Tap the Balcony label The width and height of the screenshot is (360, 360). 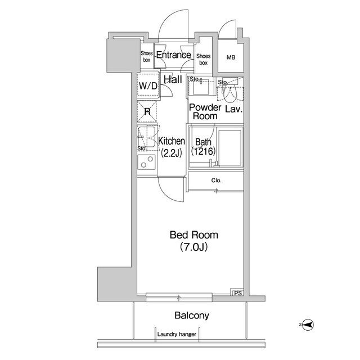[x=192, y=316]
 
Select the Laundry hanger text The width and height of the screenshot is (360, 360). [x=177, y=334]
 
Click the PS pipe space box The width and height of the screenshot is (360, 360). [x=238, y=292]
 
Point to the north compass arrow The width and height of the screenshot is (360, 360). [x=308, y=325]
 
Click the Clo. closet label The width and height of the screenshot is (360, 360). [x=216, y=181]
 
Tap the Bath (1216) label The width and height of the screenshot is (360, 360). [x=203, y=147]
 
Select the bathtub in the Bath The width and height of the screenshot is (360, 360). [x=230, y=147]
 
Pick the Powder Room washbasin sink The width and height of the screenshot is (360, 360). [x=201, y=87]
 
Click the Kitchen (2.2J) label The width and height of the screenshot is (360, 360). [x=172, y=147]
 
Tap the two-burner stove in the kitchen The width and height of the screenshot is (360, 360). [x=146, y=161]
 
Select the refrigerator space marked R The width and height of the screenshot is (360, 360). [x=147, y=111]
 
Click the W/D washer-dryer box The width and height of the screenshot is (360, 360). [x=148, y=85]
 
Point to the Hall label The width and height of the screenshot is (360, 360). [x=173, y=79]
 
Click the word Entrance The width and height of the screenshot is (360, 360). [x=174, y=55]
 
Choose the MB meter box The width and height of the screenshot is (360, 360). [x=231, y=57]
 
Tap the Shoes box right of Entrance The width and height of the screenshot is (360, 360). [x=203, y=59]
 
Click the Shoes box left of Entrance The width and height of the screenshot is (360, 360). [x=146, y=56]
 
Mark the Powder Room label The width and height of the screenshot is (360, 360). [x=205, y=112]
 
